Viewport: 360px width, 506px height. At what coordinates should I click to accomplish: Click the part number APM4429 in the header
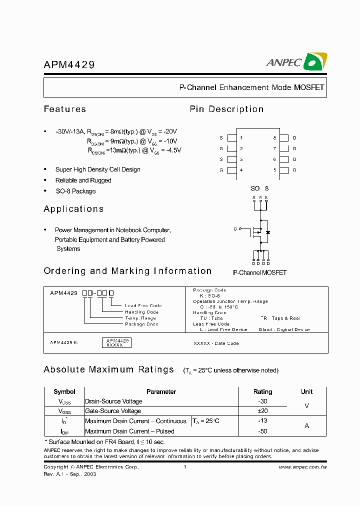(69, 65)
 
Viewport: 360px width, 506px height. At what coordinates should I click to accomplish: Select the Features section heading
(65, 109)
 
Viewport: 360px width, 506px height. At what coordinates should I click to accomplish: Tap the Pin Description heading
(226, 109)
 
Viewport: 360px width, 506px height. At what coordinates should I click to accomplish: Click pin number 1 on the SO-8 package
(241, 137)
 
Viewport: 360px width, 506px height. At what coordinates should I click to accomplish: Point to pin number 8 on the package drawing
(274, 137)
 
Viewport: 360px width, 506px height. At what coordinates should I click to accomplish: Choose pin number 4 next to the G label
(241, 170)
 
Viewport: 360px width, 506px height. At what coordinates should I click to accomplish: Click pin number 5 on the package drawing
(274, 170)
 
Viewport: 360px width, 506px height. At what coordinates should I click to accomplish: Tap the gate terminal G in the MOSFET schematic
(235, 228)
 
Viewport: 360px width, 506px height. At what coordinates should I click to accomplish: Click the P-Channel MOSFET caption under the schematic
(259, 272)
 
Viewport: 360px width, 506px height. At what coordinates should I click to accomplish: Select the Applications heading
(73, 209)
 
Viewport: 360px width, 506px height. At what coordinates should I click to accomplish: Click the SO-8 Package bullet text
(75, 191)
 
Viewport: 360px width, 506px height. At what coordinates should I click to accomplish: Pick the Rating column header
(263, 391)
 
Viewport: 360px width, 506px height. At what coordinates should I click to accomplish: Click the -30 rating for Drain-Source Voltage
(263, 401)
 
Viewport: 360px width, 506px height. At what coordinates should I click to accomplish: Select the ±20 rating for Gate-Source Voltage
(263, 411)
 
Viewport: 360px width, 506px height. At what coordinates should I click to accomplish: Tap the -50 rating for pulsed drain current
(263, 431)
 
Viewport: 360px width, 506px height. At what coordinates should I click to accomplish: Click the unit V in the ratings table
(306, 406)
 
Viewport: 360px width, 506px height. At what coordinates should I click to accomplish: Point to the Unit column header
(306, 391)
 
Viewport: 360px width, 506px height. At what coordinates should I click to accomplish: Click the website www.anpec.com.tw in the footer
(302, 467)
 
